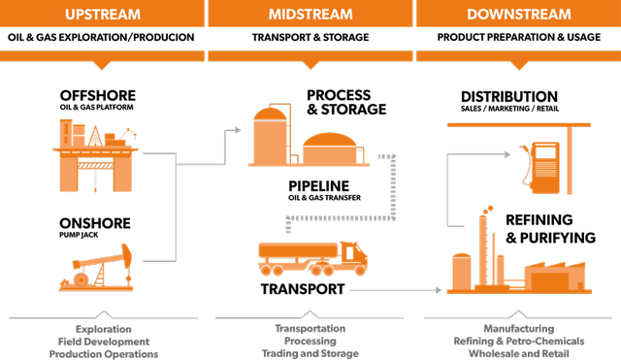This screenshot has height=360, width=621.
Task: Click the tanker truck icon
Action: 310,258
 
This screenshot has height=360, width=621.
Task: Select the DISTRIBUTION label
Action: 509,97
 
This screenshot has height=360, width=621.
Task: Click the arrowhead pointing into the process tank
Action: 240,127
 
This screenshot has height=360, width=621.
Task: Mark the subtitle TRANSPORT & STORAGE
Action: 310,37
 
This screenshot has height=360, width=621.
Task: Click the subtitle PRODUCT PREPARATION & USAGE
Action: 517,37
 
